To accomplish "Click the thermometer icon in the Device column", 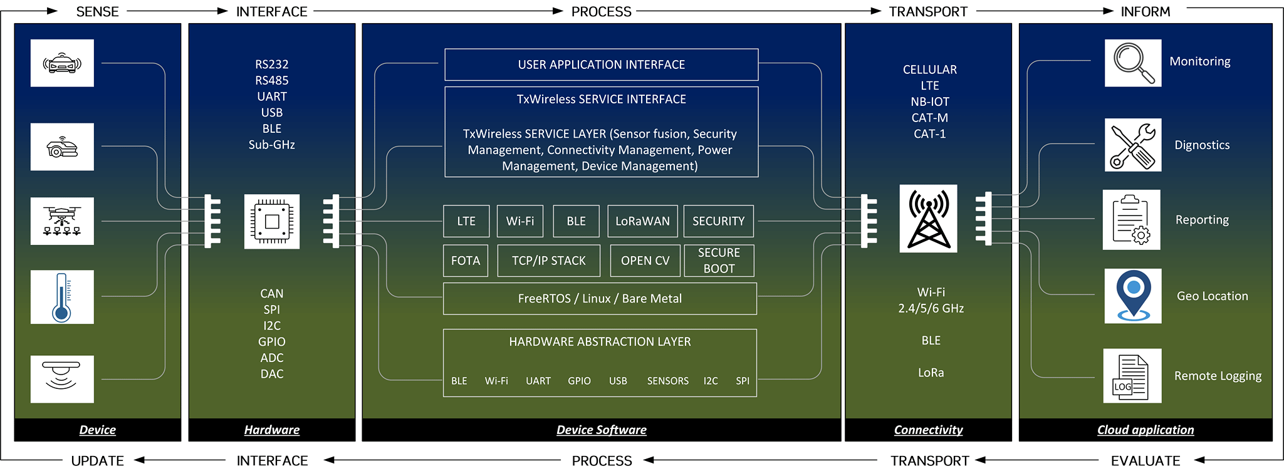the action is [62, 297].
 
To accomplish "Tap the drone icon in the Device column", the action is [62, 221].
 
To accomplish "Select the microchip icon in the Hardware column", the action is [272, 222].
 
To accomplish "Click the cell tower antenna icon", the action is [929, 219].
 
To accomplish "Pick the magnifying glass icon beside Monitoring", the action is [1133, 63].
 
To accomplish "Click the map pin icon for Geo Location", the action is [1133, 296].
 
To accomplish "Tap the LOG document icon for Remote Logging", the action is [1132, 376].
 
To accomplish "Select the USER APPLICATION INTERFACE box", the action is [602, 65].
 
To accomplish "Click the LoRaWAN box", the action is [643, 221].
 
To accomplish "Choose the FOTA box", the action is [466, 261].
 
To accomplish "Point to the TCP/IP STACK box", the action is [549, 261].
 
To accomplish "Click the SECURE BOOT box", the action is [719, 261].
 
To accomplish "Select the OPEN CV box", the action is [645, 261].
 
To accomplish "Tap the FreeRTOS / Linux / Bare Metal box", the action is [600, 299].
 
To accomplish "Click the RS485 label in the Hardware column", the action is [272, 80].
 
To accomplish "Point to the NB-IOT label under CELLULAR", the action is [930, 101].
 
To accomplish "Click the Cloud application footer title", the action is [1146, 430].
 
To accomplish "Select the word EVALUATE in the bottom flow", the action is [1146, 461].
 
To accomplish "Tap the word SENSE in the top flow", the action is [98, 12].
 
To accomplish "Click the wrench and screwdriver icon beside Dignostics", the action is [1133, 145].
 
